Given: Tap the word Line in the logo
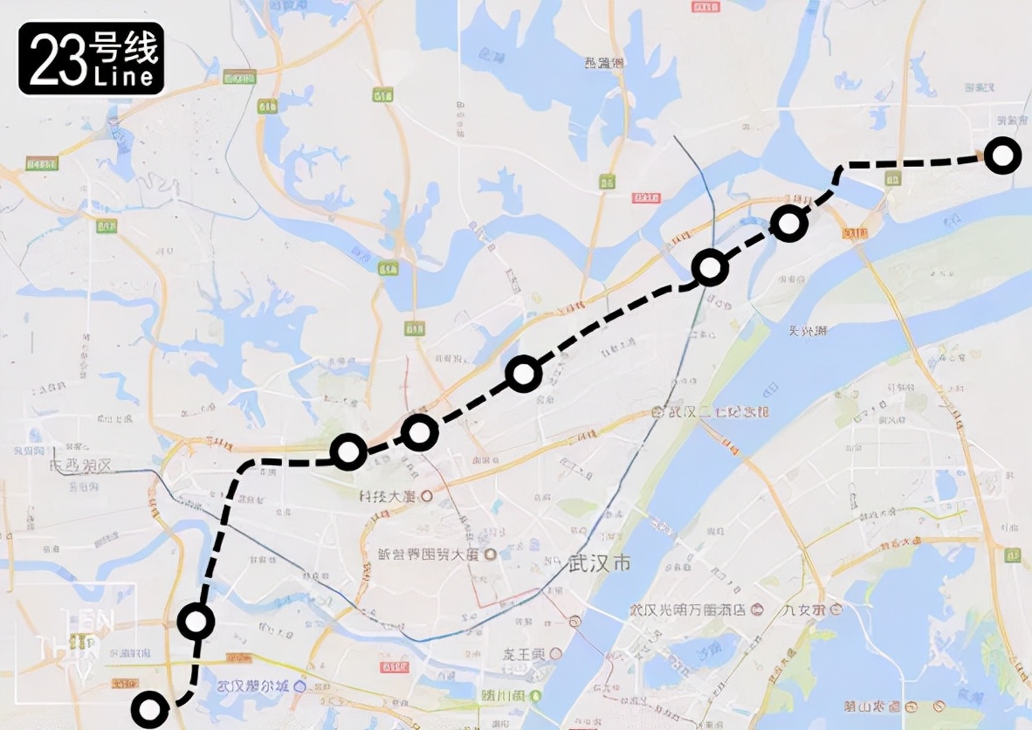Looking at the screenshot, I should (x=126, y=78).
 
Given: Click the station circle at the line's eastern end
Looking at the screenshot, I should (x=1002, y=156).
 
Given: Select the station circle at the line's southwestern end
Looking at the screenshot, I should (x=149, y=709).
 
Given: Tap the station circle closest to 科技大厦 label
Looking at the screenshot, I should (x=348, y=451).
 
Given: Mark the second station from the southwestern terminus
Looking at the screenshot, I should (x=196, y=621).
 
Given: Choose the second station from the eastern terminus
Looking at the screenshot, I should (x=788, y=224).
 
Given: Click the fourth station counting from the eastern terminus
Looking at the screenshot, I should (x=523, y=374).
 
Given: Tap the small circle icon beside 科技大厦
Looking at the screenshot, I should (x=427, y=496).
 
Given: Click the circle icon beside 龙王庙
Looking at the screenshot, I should (x=556, y=652).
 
